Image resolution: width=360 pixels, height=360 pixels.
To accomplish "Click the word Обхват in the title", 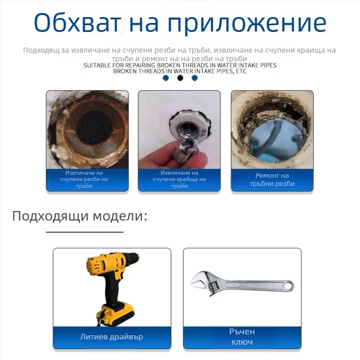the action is point(77,22).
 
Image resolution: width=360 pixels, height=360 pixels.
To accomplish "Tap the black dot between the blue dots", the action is point(180,78).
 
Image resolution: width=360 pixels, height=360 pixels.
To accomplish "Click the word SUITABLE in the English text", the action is point(97,65).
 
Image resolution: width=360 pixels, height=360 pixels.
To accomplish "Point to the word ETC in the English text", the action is point(241,71).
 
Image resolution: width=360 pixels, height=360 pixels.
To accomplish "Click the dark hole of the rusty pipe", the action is point(94,128).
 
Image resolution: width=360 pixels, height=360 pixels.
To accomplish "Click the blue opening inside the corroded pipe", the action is point(275,140).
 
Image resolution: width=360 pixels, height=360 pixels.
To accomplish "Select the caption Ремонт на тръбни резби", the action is point(272,180).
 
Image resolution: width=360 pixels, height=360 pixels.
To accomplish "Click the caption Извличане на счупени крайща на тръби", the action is point(179,179).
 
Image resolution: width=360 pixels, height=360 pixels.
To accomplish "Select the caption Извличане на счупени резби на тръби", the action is point(84,179).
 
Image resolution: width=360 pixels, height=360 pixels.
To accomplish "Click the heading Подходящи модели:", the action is point(80,216).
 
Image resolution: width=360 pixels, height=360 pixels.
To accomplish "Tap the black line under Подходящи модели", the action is point(85,232).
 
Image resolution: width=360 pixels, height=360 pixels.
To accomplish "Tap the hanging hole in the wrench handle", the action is point(288,286).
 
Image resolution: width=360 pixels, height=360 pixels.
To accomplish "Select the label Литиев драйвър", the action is point(112,337).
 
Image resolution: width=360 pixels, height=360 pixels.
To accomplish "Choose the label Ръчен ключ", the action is point(242,337).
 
